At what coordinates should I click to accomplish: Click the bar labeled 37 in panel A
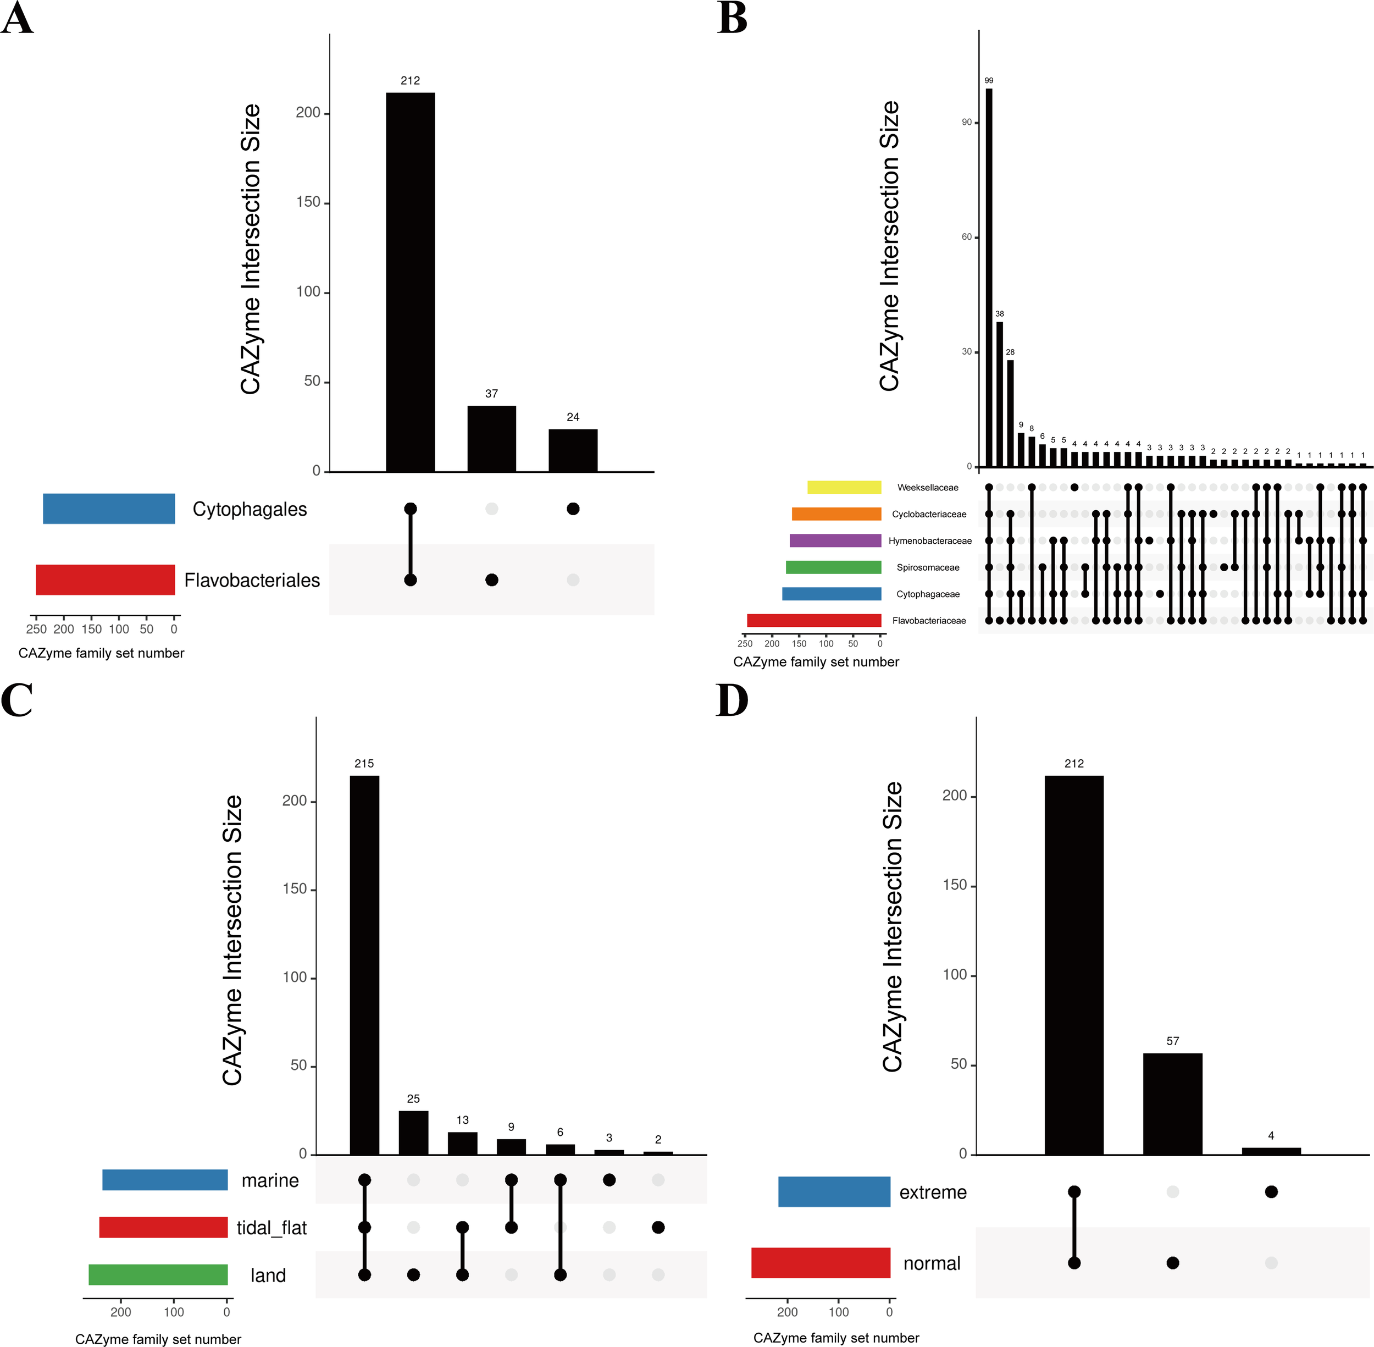pyautogui.click(x=491, y=439)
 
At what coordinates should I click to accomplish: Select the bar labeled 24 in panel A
pyautogui.click(x=573, y=450)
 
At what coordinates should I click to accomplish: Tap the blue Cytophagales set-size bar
pyautogui.click(x=109, y=509)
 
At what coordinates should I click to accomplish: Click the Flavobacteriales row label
pyautogui.click(x=252, y=580)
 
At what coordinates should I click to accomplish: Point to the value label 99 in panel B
pyautogui.click(x=989, y=81)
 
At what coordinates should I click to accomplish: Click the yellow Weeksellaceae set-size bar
pyautogui.click(x=844, y=487)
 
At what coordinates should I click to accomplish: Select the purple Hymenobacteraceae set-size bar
pyautogui.click(x=835, y=540)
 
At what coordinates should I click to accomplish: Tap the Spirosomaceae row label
pyautogui.click(x=928, y=567)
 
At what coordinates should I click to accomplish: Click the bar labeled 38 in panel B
pyautogui.click(x=999, y=394)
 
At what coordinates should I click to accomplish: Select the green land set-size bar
pyautogui.click(x=158, y=1274)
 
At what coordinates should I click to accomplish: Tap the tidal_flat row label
pyautogui.click(x=272, y=1228)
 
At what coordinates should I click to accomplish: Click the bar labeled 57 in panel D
pyautogui.click(x=1172, y=1103)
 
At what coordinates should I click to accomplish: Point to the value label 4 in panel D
pyautogui.click(x=1271, y=1135)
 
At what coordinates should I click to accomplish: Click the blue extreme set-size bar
pyautogui.click(x=834, y=1191)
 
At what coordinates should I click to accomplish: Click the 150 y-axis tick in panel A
pyautogui.click(x=308, y=202)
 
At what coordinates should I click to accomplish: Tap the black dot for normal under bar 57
pyautogui.click(x=1172, y=1263)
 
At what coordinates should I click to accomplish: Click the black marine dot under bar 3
pyautogui.click(x=609, y=1179)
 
